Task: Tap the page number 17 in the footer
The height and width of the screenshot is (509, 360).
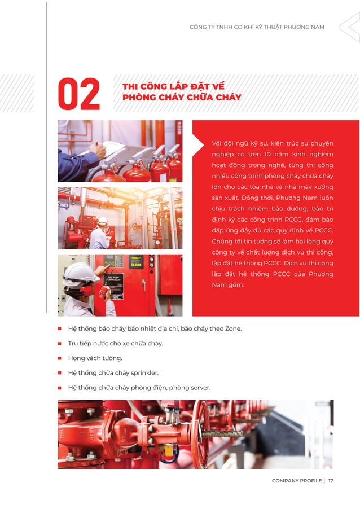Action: (x=331, y=481)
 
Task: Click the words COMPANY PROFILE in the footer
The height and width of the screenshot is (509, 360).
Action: (x=296, y=481)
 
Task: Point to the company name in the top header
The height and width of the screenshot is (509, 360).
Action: (x=257, y=27)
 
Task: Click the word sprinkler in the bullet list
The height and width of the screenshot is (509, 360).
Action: (x=146, y=372)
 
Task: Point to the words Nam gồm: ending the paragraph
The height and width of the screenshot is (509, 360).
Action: (x=227, y=285)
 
